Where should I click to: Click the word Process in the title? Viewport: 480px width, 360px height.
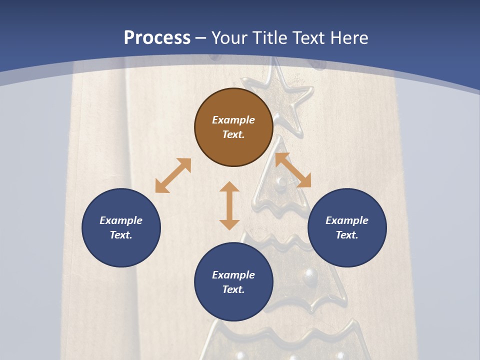click(x=157, y=37)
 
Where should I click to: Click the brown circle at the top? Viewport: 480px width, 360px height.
click(x=233, y=127)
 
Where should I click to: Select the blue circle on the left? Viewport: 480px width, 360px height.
click(x=121, y=227)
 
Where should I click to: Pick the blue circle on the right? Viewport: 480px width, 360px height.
click(x=347, y=227)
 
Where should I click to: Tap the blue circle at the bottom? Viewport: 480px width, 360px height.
click(x=233, y=282)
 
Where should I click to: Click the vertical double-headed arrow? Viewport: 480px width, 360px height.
click(x=229, y=205)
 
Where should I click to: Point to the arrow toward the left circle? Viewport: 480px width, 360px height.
click(x=173, y=175)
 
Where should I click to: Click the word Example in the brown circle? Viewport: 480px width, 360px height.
click(x=233, y=120)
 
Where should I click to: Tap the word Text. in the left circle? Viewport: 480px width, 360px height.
click(x=121, y=235)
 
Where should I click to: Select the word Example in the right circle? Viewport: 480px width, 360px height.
click(x=347, y=220)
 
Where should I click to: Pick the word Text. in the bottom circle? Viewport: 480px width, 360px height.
click(x=233, y=289)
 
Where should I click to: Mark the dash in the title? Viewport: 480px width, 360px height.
click(x=201, y=38)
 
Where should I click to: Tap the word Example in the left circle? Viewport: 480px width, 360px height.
click(x=121, y=220)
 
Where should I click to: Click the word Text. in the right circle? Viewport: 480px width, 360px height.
click(x=347, y=235)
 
